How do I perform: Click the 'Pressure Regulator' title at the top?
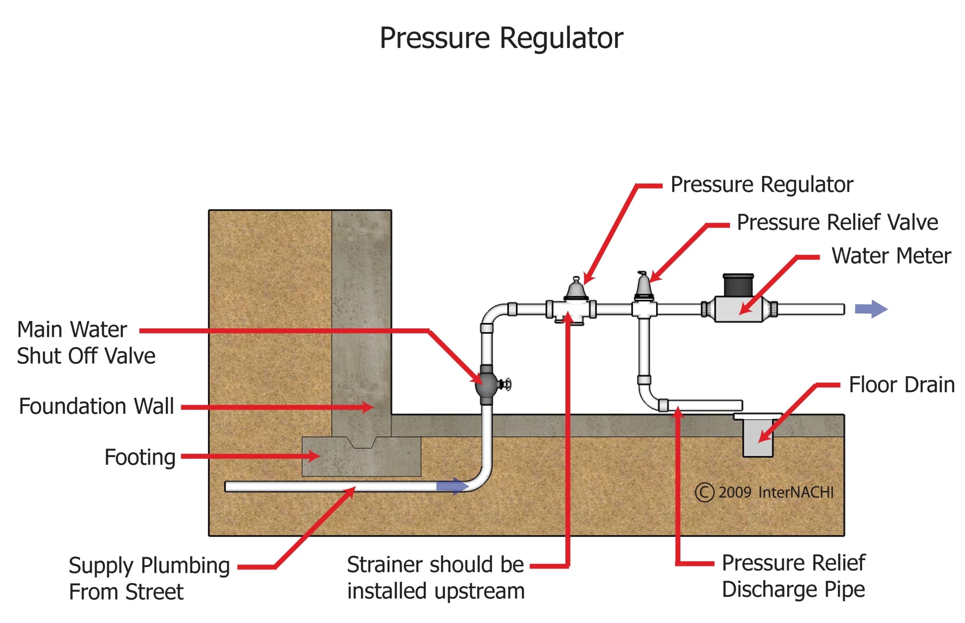501,38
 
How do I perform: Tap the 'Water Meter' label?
890,256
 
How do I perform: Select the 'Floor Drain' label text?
901,385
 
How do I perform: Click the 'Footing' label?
139,458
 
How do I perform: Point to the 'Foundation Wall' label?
96,406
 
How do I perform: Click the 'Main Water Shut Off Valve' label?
86,343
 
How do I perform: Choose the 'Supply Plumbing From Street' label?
149,579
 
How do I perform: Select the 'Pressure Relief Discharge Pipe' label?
793,576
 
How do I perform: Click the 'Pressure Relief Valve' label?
837,223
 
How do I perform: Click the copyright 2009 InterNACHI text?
764,493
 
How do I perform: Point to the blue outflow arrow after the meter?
870,310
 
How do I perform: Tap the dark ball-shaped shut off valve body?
486,385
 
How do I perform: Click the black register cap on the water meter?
738,286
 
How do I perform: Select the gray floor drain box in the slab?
757,439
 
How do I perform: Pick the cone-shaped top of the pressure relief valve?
642,286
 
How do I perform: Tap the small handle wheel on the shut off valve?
506,384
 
